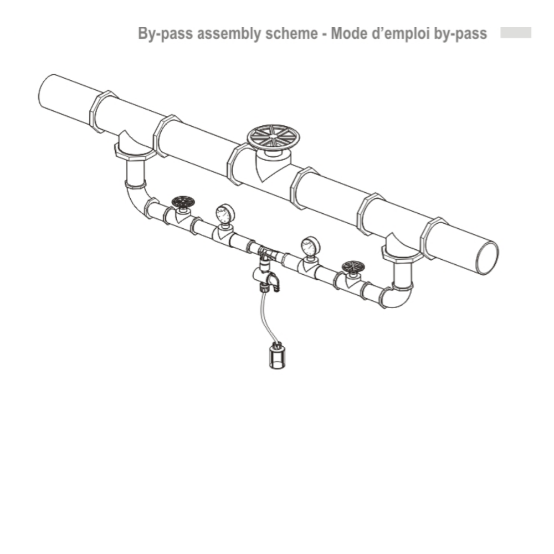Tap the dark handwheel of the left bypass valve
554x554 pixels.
[183, 202]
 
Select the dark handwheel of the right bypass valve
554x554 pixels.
[353, 267]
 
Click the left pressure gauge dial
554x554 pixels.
[225, 214]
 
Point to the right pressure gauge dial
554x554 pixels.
[311, 247]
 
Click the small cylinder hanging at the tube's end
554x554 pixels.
[277, 357]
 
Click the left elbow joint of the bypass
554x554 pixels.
[137, 199]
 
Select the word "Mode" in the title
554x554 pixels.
[350, 34]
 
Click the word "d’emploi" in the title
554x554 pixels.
[401, 34]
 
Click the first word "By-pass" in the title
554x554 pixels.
[165, 34]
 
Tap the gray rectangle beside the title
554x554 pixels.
[516, 33]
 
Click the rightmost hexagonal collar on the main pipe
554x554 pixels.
[433, 238]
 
